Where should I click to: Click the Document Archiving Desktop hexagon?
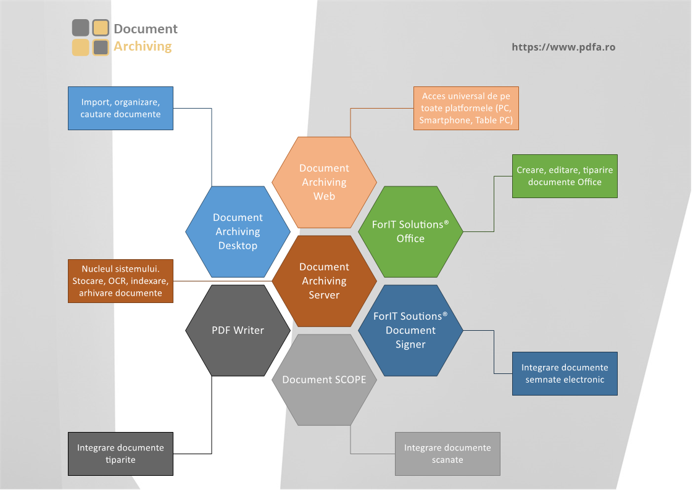pyautogui.click(x=238, y=232)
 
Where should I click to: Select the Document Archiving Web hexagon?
pyautogui.click(x=325, y=183)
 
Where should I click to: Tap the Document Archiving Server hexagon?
pyautogui.click(x=325, y=281)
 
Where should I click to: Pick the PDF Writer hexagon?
pyautogui.click(x=238, y=331)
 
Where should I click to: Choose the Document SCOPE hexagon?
pyautogui.click(x=325, y=380)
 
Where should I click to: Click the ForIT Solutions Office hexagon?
pyautogui.click(x=410, y=232)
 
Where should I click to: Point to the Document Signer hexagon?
pyautogui.click(x=410, y=331)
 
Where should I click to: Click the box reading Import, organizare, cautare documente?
pyautogui.click(x=121, y=108)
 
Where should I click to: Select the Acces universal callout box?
pyautogui.click(x=467, y=108)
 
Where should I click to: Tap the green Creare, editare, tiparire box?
pyautogui.click(x=565, y=176)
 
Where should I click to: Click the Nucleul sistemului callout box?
pyautogui.click(x=121, y=281)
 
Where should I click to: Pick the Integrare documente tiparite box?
pyautogui.click(x=121, y=454)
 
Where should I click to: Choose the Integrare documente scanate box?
pyautogui.click(x=448, y=454)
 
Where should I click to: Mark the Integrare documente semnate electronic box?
pyautogui.click(x=565, y=374)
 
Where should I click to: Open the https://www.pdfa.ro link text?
pyautogui.click(x=563, y=48)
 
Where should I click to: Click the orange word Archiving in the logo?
pyautogui.click(x=143, y=46)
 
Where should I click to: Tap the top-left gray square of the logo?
pyautogui.click(x=80, y=28)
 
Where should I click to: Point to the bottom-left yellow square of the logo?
pyautogui.click(x=80, y=48)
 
